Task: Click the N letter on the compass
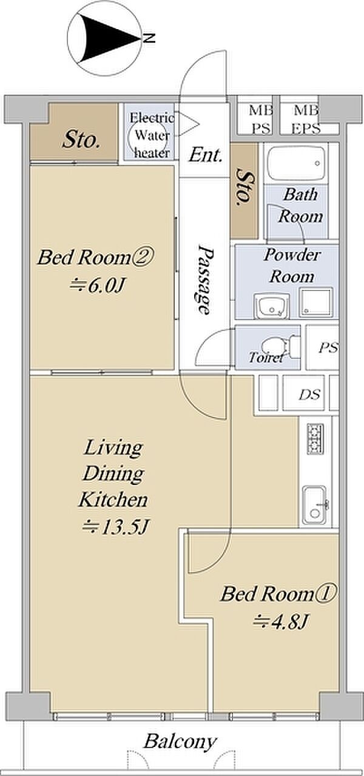coord(149,38)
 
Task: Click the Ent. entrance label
coord(205,156)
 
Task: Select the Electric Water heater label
coord(152,135)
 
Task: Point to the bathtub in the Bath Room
coord(297,162)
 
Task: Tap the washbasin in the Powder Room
coord(271,306)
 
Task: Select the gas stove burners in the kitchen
coord(315,438)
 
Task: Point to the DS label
coord(310,395)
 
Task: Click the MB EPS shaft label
coord(306,120)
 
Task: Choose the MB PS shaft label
coord(261,120)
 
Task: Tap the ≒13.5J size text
coord(115,527)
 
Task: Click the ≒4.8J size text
coord(280,621)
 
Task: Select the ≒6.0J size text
coord(97,286)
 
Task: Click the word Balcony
coord(180,741)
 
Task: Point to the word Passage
coord(205,279)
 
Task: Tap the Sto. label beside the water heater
coord(81,141)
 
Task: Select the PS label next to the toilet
coord(328,347)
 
